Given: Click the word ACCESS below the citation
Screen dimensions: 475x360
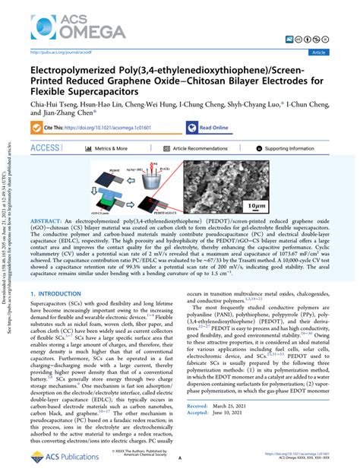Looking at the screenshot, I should pyautogui.click(x=44, y=148).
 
